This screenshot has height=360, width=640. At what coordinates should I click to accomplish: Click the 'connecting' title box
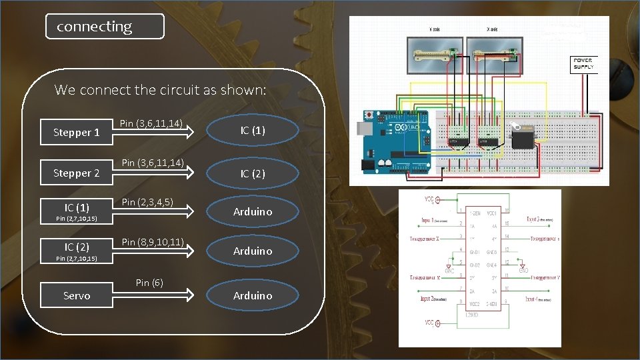pos(105,27)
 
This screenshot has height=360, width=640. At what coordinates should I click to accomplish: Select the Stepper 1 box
pos(76,132)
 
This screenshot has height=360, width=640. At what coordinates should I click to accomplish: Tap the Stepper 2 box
pos(76,173)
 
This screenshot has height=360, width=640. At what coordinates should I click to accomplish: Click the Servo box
pos(76,295)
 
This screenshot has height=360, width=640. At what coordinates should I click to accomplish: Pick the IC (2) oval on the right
pos(253,173)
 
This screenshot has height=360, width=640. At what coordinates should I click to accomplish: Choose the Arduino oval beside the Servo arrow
pos(253,295)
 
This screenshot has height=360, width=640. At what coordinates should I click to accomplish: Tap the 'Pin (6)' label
pos(149,283)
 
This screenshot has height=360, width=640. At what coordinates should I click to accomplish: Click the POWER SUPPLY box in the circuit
pos(582,64)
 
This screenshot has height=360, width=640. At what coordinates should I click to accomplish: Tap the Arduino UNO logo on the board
pos(404,127)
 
